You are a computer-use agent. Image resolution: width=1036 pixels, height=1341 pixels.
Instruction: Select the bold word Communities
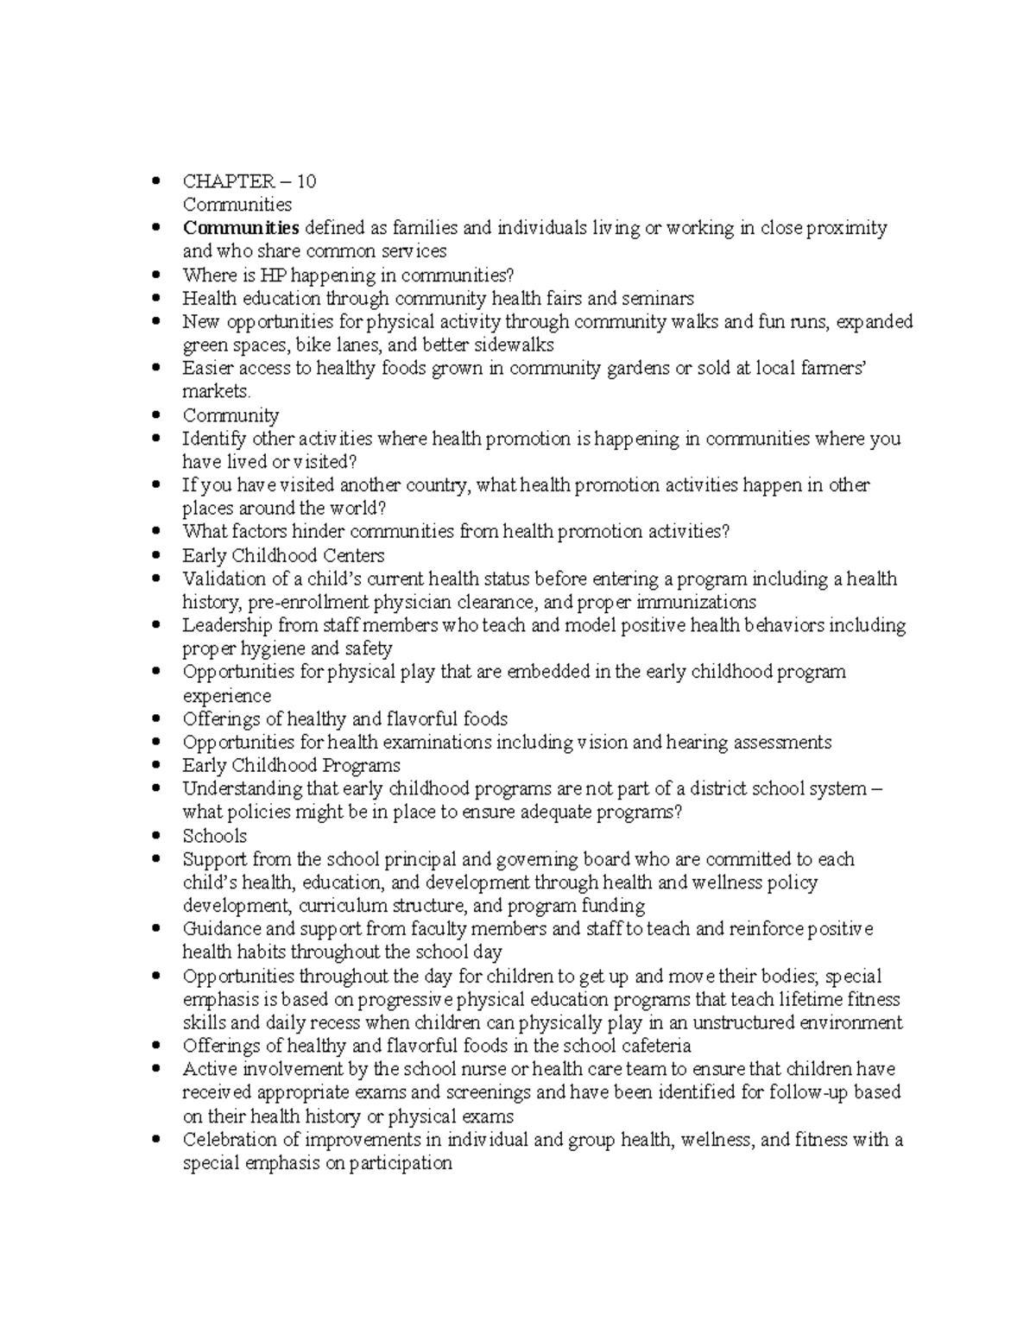[240, 228]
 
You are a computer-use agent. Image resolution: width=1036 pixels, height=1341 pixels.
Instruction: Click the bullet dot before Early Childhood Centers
[155, 556]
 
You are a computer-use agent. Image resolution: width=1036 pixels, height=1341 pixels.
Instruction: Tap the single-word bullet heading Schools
[214, 836]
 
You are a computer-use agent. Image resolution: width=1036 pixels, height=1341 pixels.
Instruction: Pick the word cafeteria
[654, 1047]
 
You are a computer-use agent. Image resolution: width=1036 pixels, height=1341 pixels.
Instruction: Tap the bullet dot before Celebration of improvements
[155, 1140]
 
